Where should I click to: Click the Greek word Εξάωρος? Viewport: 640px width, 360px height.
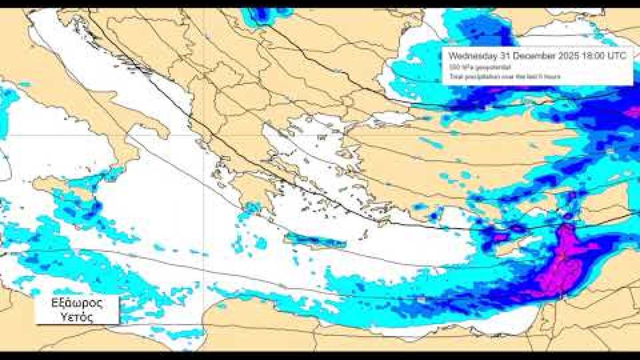point(77,304)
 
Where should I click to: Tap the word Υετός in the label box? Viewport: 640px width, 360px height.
point(77,317)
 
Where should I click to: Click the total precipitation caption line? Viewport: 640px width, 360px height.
point(504,77)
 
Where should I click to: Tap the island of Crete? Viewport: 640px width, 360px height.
point(316,240)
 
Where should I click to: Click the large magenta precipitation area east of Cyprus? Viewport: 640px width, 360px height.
point(562,267)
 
